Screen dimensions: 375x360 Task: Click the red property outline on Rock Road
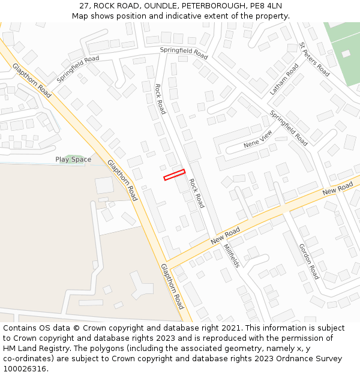point(174,175)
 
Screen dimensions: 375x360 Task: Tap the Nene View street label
point(258,139)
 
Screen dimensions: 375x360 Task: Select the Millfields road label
point(232,256)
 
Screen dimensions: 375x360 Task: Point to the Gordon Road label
point(309,262)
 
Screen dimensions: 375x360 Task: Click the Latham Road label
point(284,79)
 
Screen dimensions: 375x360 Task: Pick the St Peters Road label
point(314,59)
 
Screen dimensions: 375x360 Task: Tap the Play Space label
point(73,160)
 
